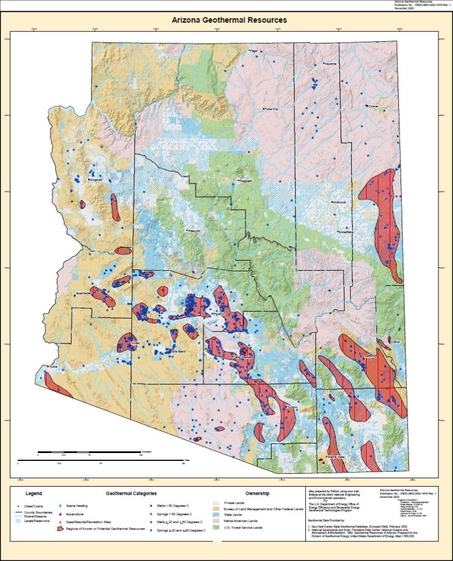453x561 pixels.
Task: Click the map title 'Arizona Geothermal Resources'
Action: tap(229, 20)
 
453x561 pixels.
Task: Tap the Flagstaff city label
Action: tap(246, 181)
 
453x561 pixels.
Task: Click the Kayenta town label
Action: tap(331, 64)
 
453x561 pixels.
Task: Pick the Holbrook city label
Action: tap(340, 202)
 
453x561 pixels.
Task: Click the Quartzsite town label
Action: tap(83, 292)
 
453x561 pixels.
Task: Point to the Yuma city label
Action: tap(54, 367)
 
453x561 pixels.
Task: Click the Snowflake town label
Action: tap(345, 232)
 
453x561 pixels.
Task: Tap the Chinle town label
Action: tap(373, 106)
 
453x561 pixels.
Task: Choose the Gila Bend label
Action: tap(177, 351)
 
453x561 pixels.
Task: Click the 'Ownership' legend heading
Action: tap(257, 494)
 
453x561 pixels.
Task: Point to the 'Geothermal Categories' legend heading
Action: tap(131, 494)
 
